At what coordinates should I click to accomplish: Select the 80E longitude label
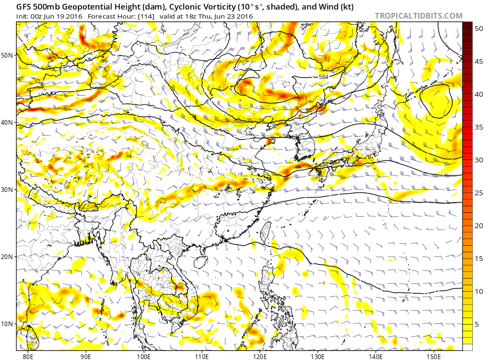[28, 356]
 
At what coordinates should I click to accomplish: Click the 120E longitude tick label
[259, 356]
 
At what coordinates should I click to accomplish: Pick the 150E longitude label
[433, 356]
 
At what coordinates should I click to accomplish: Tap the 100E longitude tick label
[143, 356]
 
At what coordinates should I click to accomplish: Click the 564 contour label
[324, 77]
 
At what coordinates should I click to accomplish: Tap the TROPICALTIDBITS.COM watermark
[418, 16]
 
